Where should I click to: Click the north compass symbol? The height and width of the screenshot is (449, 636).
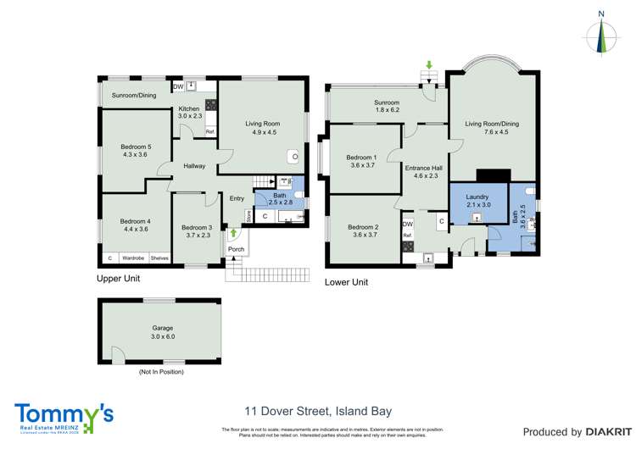601,36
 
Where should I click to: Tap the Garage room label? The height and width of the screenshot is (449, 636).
161,329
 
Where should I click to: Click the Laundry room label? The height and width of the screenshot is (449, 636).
477,200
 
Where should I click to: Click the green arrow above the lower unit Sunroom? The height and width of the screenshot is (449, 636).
429,65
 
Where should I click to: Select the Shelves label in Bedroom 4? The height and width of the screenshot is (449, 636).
159,258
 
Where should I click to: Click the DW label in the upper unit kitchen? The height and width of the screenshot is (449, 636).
178,86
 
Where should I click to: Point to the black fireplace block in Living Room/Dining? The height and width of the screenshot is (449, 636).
493,175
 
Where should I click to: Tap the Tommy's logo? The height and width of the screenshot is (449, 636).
64,416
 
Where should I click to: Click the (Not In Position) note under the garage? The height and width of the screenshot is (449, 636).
161,371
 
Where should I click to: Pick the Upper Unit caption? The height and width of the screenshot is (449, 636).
118,278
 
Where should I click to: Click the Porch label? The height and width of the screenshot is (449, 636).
236,249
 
